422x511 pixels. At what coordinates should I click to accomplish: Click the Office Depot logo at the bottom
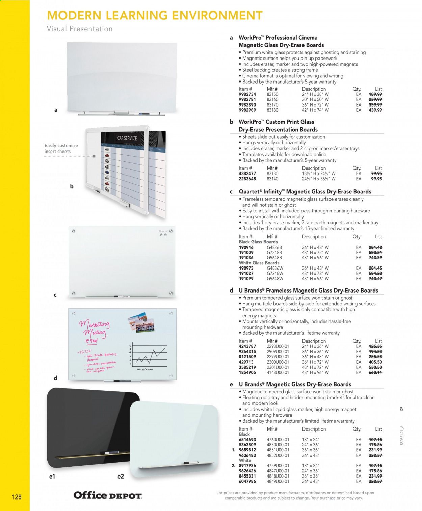[x=108, y=495]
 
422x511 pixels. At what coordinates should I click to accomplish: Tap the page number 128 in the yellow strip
[x=17, y=497]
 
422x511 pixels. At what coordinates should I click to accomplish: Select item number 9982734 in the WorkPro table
[x=247, y=94]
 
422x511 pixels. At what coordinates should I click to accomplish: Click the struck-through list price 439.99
[x=375, y=110]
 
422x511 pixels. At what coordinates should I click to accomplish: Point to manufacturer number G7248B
[x=274, y=252]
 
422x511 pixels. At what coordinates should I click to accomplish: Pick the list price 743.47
[x=375, y=279]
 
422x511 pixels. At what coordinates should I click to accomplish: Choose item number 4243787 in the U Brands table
[x=247, y=346]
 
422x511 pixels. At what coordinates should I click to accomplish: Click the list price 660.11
[x=375, y=372]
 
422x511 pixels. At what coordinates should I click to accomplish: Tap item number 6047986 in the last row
[x=247, y=481]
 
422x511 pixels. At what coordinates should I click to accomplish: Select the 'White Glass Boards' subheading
[x=259, y=263]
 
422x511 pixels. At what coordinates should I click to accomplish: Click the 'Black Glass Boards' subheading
[x=258, y=242]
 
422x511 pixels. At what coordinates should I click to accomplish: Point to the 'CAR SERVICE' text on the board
[x=127, y=138]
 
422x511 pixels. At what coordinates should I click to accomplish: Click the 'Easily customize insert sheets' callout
[x=61, y=148]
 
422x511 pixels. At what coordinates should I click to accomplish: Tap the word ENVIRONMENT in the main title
[x=217, y=15]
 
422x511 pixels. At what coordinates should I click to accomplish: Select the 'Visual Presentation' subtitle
[x=80, y=29]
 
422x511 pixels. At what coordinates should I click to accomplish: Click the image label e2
[x=121, y=477]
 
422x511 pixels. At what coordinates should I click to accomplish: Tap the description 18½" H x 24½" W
[x=318, y=173]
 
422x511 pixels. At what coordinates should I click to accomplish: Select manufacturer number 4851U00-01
[x=278, y=450]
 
